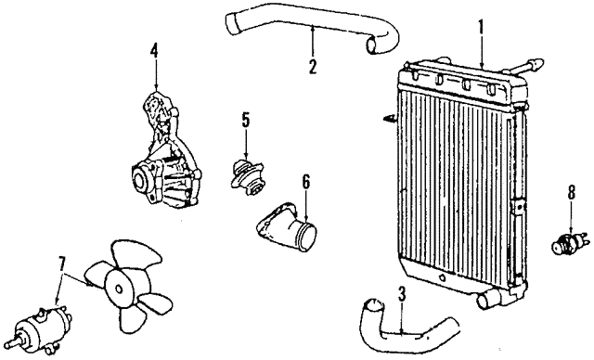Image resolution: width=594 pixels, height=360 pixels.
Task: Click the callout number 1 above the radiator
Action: coord(482,27)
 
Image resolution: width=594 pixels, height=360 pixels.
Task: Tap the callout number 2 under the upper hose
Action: coord(313,66)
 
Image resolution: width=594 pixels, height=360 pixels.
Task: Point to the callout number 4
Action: coord(155,50)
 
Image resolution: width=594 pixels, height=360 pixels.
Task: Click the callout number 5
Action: coord(246,120)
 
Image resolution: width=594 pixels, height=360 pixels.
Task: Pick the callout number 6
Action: coord(305,181)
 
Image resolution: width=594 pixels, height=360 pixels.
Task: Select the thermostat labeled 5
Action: coord(246,174)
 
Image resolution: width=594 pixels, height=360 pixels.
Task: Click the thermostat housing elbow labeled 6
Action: coord(290,228)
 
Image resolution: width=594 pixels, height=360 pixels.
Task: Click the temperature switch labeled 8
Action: coord(566,244)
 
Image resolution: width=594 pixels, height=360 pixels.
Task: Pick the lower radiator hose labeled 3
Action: coord(399,333)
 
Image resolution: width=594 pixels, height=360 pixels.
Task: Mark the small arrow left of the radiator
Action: coord(387,119)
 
